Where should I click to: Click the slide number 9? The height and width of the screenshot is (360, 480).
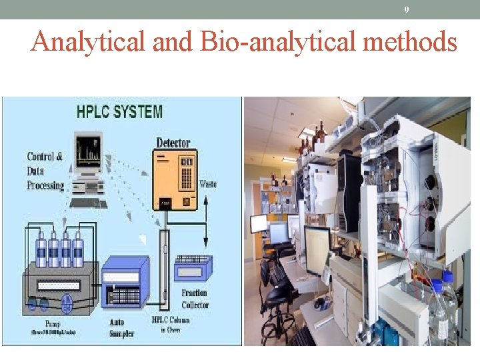tap(407, 10)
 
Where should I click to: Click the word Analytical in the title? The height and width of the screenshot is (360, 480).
tap(89, 43)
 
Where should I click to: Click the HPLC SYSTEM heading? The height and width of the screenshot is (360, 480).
tap(119, 111)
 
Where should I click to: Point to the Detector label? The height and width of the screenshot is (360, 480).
tap(173, 142)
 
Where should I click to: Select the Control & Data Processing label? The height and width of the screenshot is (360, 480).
tap(45, 171)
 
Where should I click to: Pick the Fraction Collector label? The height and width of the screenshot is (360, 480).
tap(195, 299)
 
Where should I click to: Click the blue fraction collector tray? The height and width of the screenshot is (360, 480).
tap(192, 270)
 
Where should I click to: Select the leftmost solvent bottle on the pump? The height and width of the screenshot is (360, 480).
tap(42, 249)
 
